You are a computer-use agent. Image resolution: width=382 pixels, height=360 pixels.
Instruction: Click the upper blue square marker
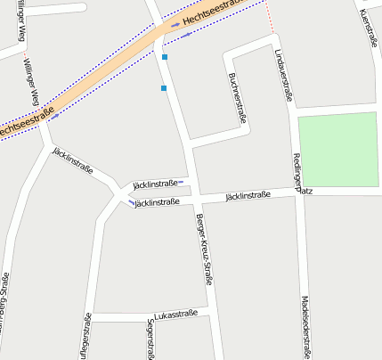click(165, 57)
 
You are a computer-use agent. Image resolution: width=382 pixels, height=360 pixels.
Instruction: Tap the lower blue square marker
click(164, 88)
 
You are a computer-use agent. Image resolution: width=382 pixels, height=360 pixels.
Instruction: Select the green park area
click(339, 150)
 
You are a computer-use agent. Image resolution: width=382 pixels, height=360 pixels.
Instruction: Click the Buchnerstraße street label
click(238, 97)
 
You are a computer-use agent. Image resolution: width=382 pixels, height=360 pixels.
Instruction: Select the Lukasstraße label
click(175, 315)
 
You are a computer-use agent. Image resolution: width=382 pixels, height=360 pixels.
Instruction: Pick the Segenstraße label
click(149, 340)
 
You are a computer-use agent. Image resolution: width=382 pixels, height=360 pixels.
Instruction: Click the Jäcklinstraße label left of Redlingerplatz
click(248, 194)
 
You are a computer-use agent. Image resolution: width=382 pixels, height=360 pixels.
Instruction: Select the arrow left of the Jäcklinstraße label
click(132, 202)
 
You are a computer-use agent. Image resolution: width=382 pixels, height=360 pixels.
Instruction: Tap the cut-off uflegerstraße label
click(85, 336)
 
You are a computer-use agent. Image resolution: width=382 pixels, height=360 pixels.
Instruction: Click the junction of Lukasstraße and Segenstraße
click(146, 316)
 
